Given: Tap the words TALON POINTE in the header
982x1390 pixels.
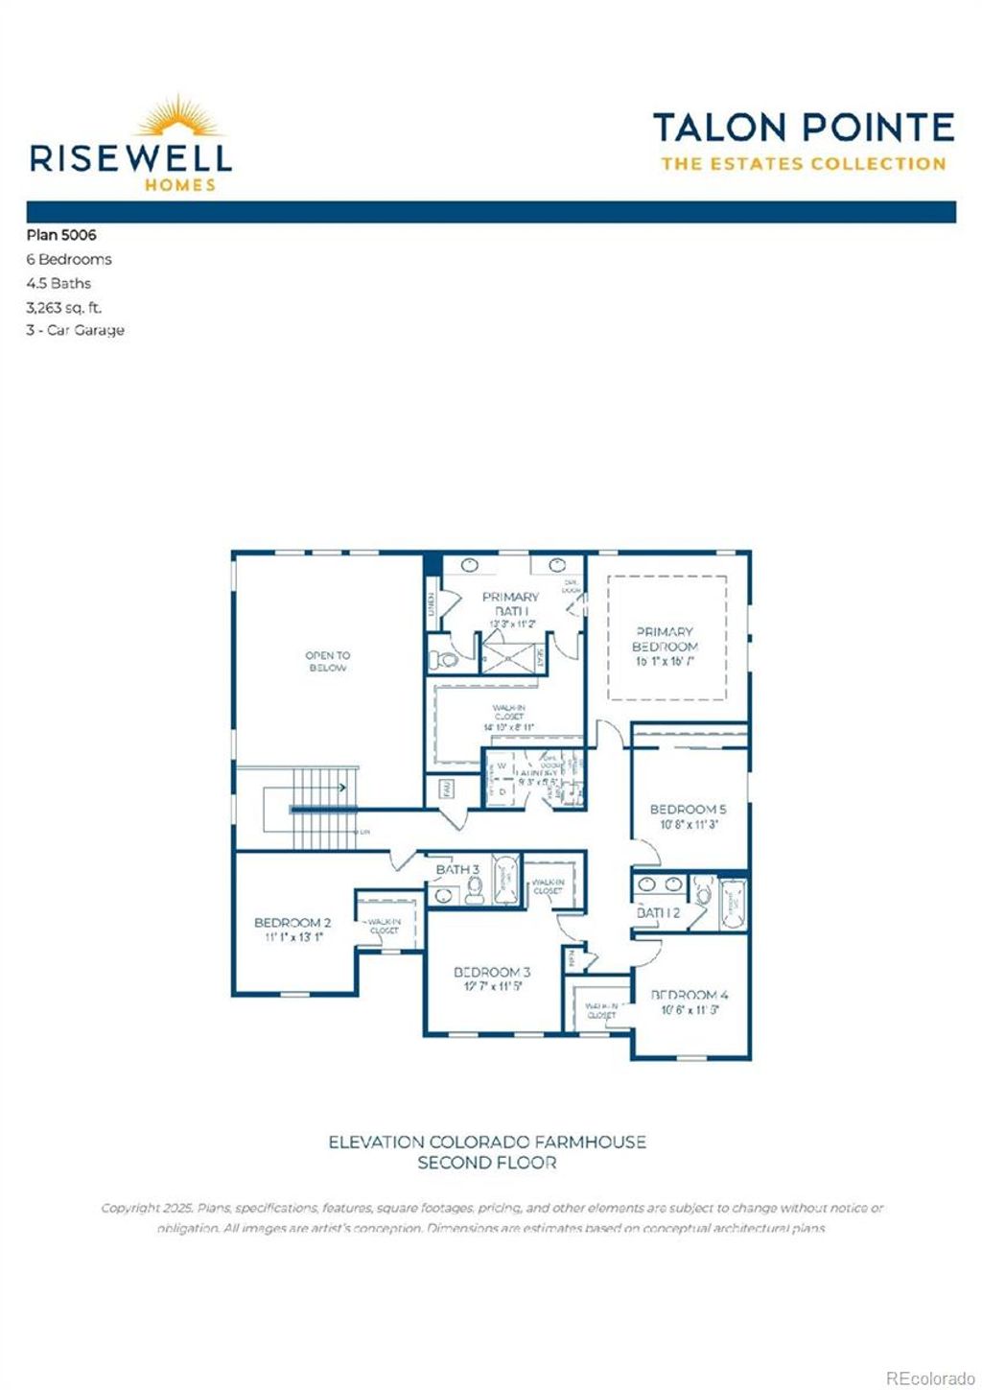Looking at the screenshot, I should (x=803, y=128).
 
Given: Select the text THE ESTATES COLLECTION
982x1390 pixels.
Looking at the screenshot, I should (x=803, y=164).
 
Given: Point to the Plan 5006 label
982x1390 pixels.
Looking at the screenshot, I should (x=61, y=235).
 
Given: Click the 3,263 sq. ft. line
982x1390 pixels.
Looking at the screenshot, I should (x=63, y=307).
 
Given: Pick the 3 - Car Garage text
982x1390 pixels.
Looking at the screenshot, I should (x=75, y=330).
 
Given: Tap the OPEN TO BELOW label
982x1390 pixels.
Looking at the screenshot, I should (x=328, y=661).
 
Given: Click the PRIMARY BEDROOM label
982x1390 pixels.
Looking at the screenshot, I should (x=665, y=640).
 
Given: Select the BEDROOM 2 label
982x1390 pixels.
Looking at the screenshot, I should (x=292, y=923).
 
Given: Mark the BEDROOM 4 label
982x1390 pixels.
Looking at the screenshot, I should (x=690, y=995).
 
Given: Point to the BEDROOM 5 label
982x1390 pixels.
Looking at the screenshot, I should (x=688, y=809).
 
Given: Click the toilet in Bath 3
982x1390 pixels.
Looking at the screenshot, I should (x=474, y=893).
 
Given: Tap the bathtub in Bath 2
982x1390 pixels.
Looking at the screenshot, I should (x=734, y=904).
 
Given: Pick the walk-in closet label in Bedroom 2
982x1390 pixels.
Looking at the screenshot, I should (x=384, y=926).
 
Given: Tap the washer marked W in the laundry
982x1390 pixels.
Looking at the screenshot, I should (x=501, y=767).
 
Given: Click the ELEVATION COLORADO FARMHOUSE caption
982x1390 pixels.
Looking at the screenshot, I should (x=487, y=1142).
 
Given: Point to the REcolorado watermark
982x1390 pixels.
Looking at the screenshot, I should (x=928, y=1378).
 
